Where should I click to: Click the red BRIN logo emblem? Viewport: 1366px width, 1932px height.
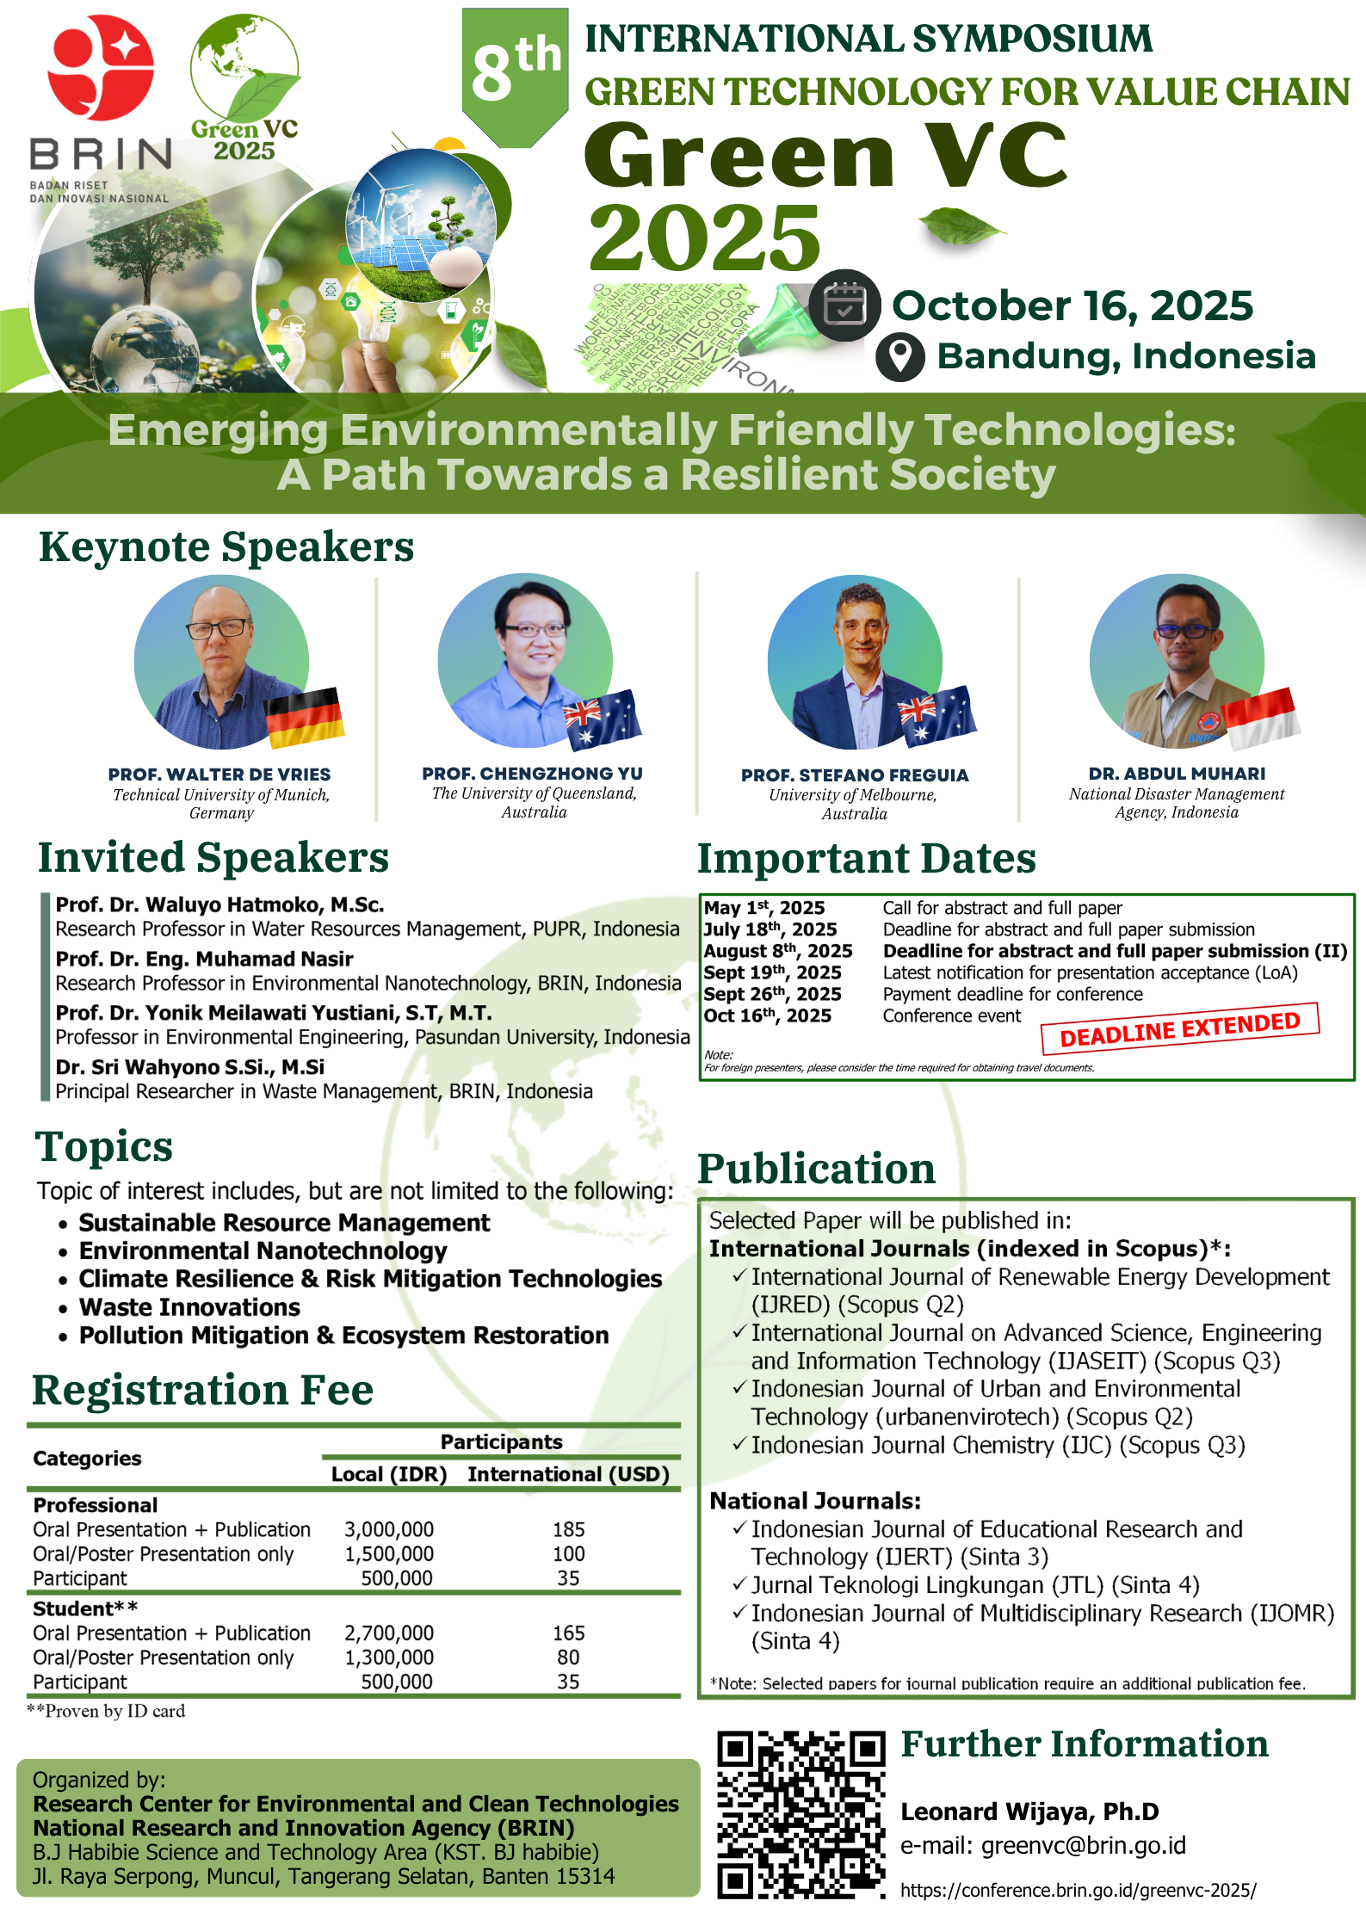pos(101,67)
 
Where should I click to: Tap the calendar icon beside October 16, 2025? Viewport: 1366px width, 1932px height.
pos(844,306)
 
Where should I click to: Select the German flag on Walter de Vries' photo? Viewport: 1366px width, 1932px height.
pos(305,717)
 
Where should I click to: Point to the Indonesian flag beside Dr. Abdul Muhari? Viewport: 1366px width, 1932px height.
pos(1260,719)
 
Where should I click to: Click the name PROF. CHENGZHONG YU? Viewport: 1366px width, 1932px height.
pos(532,774)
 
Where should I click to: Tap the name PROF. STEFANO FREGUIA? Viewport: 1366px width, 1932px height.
pos(855,775)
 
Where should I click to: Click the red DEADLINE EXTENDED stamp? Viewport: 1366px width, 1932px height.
pos(1180,1029)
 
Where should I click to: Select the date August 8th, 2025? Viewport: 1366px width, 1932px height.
pos(778,951)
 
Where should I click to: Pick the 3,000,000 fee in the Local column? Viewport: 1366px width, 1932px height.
pos(389,1529)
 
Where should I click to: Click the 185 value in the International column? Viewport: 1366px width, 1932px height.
pos(569,1529)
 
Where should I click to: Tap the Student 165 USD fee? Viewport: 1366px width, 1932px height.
pos(569,1633)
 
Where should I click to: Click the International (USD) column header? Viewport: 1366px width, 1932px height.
pos(569,1474)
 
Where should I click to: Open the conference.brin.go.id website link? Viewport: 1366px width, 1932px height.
pos(1079,1890)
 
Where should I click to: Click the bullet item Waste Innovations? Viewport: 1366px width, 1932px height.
pos(189,1307)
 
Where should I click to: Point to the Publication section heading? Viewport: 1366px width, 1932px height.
pos(816,1169)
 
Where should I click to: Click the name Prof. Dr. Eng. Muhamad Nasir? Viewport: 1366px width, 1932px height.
pos(205,959)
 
